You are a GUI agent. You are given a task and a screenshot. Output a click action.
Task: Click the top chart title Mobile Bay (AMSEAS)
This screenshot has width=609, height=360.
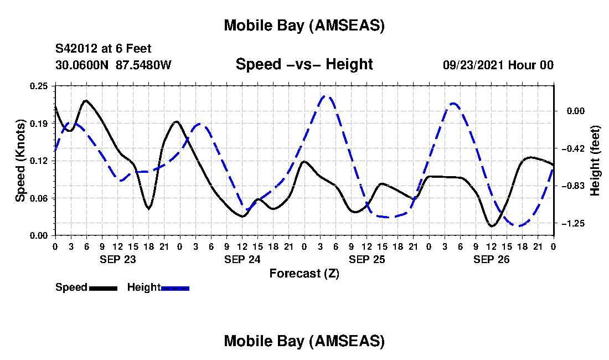coord(304,25)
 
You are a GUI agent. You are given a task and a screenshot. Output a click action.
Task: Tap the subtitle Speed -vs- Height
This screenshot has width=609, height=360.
coord(304,64)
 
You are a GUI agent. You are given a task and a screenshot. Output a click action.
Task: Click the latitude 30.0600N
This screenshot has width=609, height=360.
coord(82,65)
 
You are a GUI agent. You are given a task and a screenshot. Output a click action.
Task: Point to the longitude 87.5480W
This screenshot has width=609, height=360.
coord(143,65)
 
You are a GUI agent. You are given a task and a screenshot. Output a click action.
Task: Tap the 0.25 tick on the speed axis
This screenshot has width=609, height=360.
coord(40,86)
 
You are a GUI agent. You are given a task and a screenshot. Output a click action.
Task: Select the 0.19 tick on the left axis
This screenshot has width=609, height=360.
coord(40,123)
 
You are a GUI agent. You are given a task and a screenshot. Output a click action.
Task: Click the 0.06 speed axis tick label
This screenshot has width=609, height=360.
coord(40,198)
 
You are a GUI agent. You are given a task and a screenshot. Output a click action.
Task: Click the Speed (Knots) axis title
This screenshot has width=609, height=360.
coord(20,161)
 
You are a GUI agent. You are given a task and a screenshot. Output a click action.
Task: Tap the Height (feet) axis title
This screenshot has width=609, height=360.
coord(596,161)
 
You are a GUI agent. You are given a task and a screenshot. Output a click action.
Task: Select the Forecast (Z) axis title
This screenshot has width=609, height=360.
coord(304,273)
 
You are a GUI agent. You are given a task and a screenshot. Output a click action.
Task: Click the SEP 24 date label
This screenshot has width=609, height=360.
coord(241,259)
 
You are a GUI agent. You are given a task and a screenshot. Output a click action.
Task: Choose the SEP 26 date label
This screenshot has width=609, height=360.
coord(491,259)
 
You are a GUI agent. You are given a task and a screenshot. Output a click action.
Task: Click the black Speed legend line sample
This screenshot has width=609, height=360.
coord(103,288)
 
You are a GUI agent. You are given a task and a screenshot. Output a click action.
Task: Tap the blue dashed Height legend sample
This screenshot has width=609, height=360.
coord(175,288)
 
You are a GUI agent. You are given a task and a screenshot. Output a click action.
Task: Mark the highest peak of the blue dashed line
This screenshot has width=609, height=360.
coord(327,96)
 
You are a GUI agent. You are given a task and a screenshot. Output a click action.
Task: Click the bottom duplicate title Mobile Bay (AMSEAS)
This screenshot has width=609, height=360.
coord(304,341)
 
